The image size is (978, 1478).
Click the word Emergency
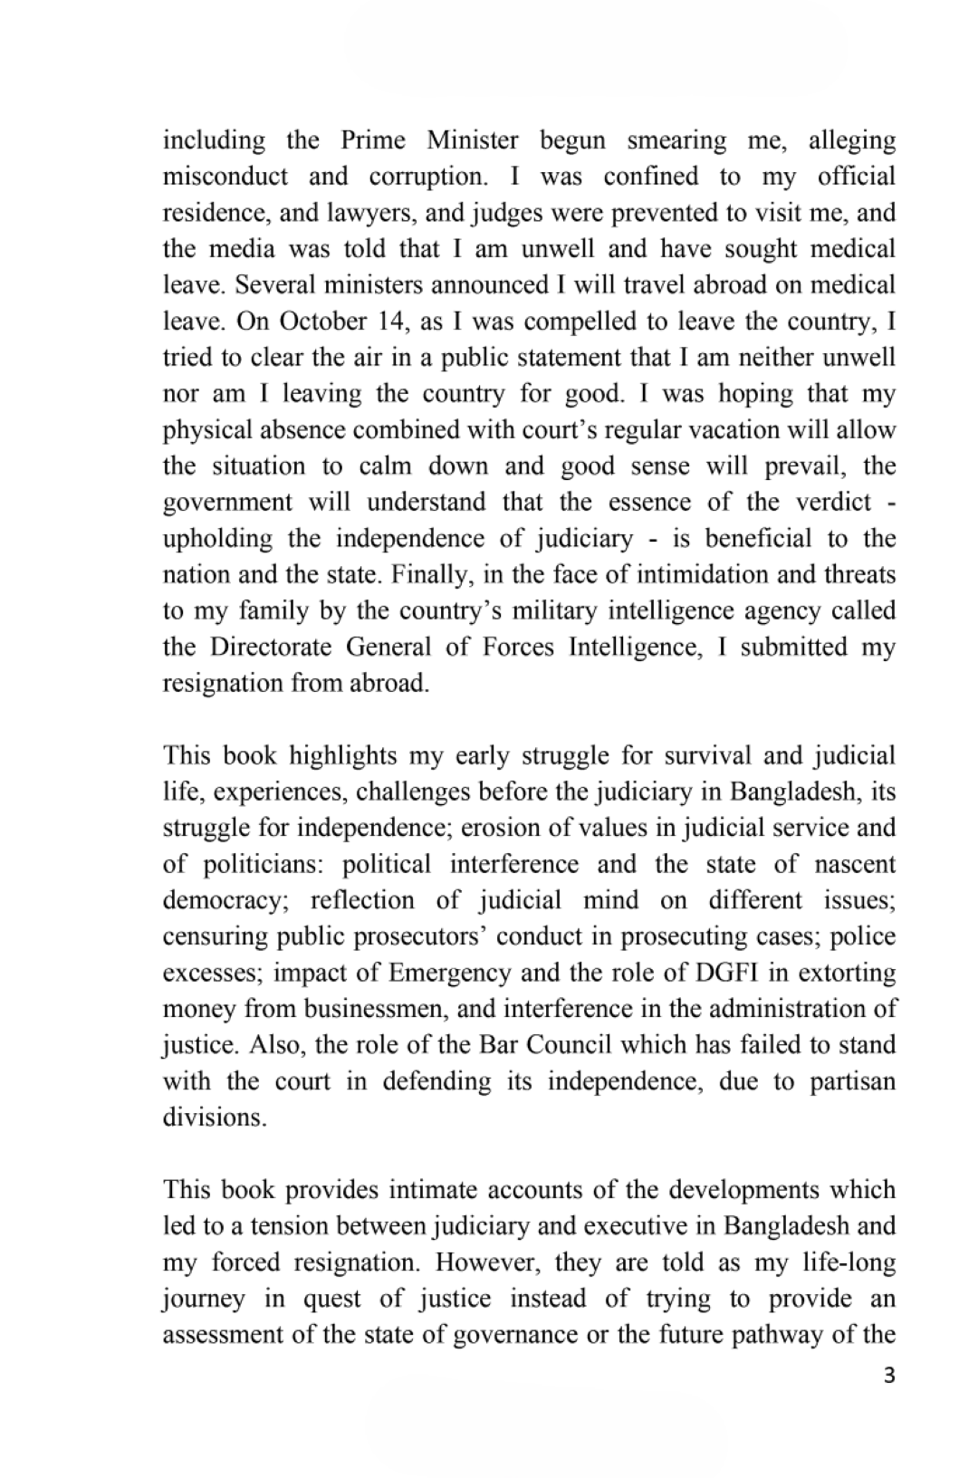pyautogui.click(x=449, y=974)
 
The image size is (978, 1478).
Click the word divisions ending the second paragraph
pyautogui.click(x=215, y=1118)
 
